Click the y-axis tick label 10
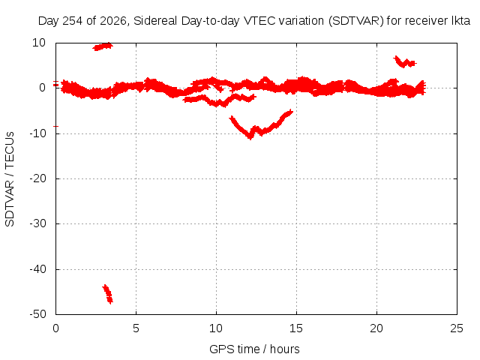39,43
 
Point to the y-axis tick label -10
37,133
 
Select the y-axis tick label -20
37,178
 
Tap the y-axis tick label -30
37,223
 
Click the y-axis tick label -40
37,269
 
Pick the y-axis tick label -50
37,314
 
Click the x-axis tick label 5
136,328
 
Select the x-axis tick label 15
296,328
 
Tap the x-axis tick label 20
376,328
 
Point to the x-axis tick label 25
457,328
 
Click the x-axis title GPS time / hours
254,349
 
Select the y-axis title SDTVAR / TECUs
10,179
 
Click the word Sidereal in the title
155,21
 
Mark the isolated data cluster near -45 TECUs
107,294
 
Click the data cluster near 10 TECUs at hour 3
103,46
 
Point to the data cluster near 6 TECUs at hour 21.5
405,61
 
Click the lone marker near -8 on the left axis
55,126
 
